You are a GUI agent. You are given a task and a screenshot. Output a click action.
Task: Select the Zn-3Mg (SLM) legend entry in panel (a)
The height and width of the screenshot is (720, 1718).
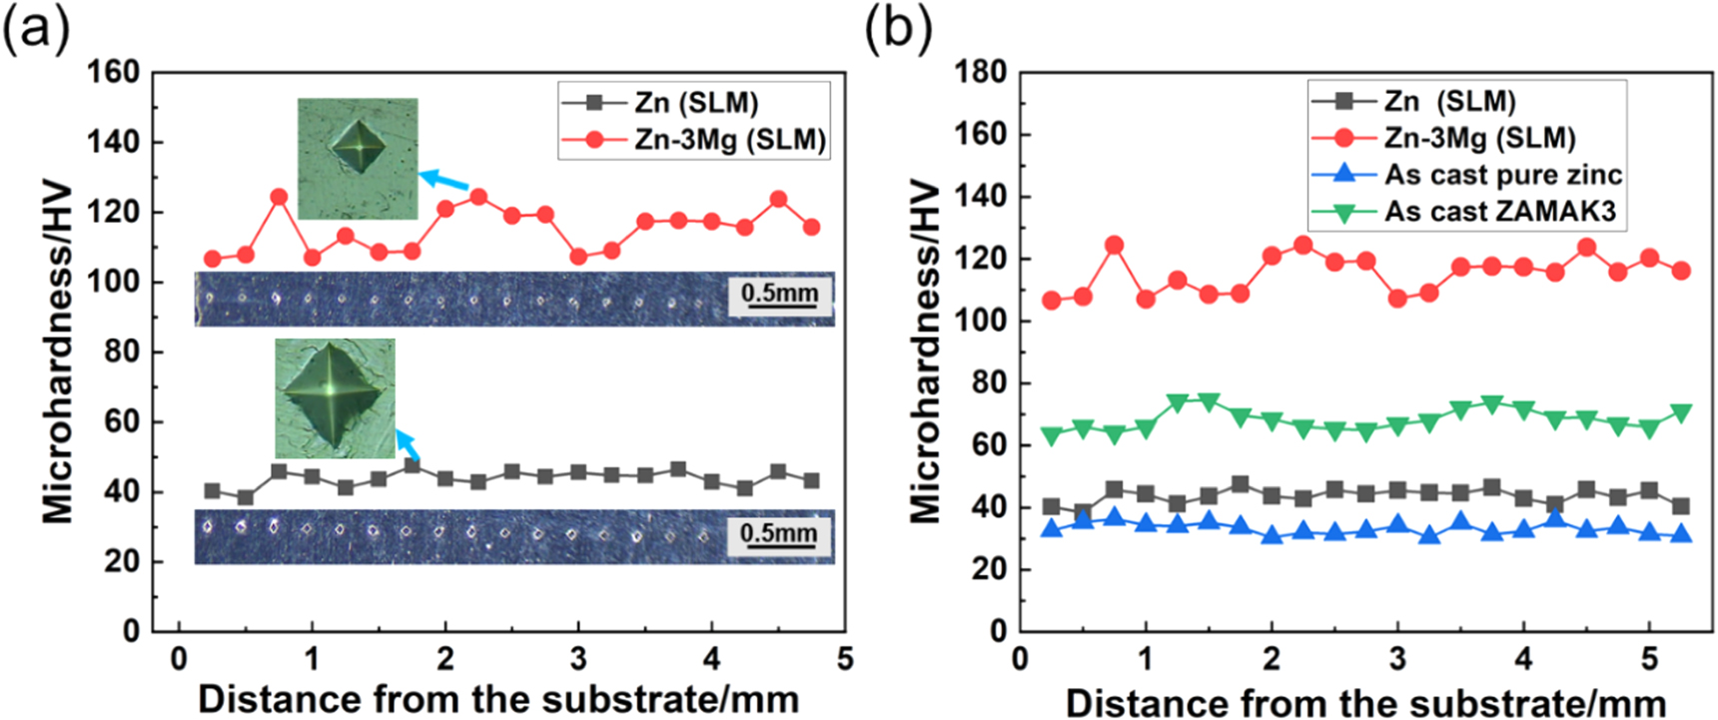730,140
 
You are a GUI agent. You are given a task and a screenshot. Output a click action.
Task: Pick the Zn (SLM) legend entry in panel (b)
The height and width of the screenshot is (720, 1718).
1449,101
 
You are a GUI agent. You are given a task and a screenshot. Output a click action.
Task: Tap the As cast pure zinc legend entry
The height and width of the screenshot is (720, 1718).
1502,175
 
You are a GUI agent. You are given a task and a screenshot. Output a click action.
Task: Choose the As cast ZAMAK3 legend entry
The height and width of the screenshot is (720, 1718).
1499,212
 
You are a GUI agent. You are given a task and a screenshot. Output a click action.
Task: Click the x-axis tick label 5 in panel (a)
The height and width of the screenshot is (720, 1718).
845,659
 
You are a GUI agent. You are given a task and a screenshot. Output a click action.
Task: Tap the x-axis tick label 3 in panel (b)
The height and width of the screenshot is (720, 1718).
1397,659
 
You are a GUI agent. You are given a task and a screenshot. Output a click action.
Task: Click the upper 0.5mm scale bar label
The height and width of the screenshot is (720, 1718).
779,294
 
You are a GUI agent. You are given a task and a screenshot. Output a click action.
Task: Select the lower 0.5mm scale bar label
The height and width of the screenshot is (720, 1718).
778,532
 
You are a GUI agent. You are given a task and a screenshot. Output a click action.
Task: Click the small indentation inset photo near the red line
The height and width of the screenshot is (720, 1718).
358,158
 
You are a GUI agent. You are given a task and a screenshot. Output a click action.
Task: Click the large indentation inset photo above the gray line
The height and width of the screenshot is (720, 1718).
335,397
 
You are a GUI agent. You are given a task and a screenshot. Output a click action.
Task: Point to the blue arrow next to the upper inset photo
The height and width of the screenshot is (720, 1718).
442,182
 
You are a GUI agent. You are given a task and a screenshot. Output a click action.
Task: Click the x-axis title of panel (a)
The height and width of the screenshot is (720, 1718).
498,700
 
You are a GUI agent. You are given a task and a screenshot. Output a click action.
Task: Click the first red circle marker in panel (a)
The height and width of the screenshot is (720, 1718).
212,259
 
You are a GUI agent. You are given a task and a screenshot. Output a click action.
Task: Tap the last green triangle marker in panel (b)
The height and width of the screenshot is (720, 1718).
1681,412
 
